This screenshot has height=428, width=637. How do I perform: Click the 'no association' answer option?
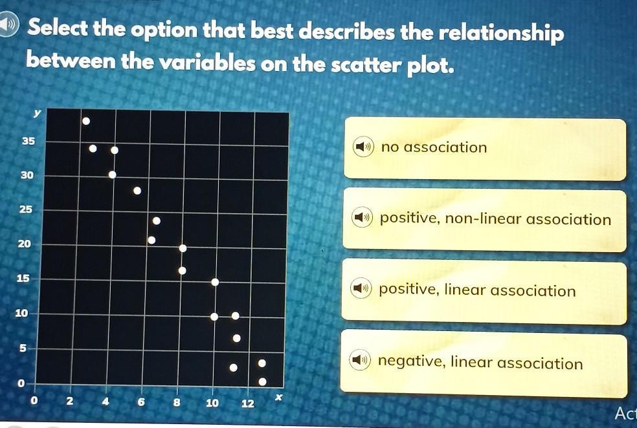point(485,149)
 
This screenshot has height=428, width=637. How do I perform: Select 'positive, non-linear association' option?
point(484,219)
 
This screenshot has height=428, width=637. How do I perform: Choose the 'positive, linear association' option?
point(484,292)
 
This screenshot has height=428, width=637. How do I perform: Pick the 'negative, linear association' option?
point(484,363)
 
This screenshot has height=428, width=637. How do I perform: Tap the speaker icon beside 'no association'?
point(363,147)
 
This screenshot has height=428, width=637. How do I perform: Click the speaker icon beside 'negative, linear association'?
point(360,360)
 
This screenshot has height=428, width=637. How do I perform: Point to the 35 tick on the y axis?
point(28,141)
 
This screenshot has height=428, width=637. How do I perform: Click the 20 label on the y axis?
point(25,244)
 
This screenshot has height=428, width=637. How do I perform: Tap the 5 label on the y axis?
point(23,348)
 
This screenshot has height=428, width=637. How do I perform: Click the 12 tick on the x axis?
point(248,403)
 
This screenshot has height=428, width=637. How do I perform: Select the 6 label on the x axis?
point(141,402)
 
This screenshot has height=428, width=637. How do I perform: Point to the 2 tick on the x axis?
point(70,401)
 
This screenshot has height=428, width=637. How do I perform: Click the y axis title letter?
point(37,114)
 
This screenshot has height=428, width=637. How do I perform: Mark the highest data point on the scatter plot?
point(85,121)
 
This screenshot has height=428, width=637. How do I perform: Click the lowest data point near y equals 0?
point(262,381)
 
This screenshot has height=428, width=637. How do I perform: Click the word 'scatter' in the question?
point(366,64)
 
